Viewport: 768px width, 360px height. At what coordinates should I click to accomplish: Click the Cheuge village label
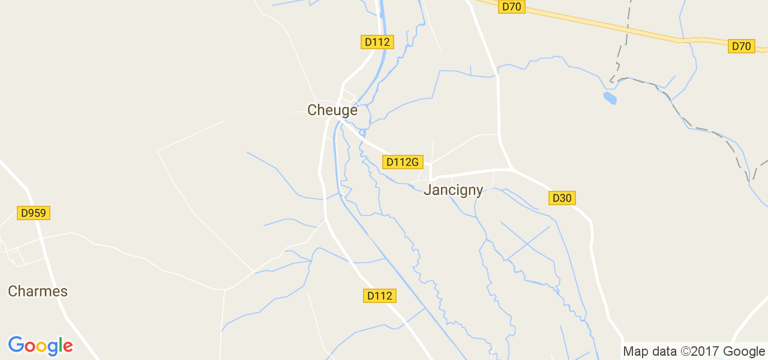332,110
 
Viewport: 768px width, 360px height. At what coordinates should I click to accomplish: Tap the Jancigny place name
453,190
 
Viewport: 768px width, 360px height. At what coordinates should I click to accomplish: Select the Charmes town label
38,292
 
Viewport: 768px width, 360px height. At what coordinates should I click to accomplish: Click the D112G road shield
402,162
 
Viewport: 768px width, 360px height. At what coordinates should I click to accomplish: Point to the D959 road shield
34,213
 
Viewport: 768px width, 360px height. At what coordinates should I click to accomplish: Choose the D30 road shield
562,198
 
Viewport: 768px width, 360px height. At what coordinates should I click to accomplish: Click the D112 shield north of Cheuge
377,42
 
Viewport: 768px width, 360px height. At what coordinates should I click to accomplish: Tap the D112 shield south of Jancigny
380,296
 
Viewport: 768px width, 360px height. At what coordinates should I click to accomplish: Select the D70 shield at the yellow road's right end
741,46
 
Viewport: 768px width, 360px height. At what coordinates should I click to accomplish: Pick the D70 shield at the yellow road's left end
511,7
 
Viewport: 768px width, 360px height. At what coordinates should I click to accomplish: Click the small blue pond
610,98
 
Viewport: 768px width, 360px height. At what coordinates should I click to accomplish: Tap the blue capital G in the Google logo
16,345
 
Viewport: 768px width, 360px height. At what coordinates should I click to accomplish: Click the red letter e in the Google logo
67,346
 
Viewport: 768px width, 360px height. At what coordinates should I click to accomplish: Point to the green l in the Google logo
60,344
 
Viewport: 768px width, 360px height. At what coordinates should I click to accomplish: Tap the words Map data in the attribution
649,352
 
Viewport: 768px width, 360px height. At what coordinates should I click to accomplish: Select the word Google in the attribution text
743,352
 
